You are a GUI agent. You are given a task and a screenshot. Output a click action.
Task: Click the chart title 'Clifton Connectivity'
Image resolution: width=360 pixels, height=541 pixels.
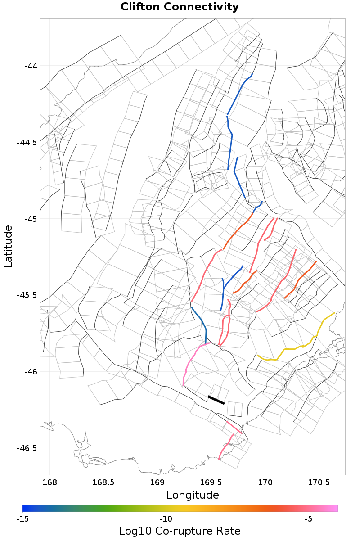[180, 7]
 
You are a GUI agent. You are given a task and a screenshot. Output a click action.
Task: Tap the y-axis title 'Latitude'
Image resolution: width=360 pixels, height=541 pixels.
[8, 247]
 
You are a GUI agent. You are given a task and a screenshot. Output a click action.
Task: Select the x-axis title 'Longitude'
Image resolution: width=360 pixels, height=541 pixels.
[193, 495]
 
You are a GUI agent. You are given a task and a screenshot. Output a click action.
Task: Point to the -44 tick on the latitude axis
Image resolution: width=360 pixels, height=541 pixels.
[31, 66]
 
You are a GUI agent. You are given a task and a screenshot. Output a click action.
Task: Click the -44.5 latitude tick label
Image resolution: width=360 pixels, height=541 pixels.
[27, 143]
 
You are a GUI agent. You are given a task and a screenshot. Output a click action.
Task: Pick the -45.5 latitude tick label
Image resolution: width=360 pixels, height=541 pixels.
[27, 295]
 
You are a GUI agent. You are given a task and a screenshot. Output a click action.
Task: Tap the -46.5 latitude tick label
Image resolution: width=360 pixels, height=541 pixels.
[27, 448]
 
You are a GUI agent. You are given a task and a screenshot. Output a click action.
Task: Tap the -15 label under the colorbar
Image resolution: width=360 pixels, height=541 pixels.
[23, 519]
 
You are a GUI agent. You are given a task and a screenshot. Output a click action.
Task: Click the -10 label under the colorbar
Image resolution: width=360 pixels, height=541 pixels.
[166, 519]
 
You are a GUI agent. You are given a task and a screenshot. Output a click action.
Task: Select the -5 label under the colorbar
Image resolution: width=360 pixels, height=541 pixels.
[308, 519]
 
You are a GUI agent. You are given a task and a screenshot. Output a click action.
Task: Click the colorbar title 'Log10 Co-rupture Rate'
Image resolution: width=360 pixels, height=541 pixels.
[180, 531]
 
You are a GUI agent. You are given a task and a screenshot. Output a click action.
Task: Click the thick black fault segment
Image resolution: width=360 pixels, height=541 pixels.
[216, 400]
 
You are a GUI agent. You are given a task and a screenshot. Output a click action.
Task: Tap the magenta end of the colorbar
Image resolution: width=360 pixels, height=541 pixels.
[334, 508]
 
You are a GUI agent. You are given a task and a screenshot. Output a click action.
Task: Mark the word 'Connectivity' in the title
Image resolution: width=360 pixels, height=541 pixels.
[202, 7]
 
